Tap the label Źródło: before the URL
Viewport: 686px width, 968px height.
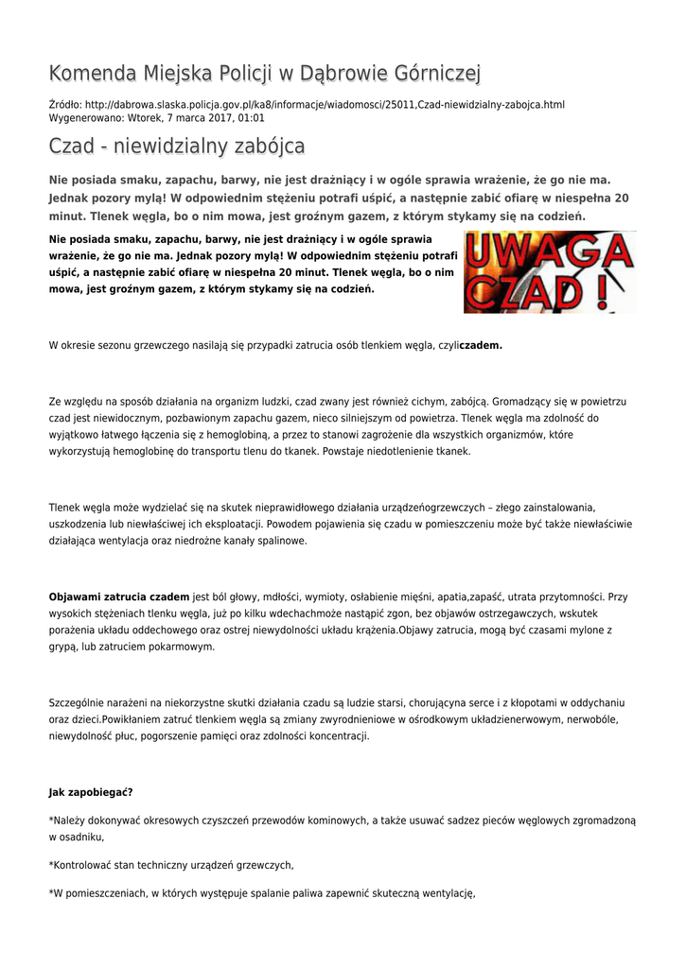(64, 104)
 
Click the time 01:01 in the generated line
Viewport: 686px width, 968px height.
(252, 118)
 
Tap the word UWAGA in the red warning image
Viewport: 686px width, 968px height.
(548, 252)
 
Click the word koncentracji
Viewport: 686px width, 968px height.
(337, 737)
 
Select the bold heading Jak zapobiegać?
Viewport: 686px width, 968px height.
(90, 792)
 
